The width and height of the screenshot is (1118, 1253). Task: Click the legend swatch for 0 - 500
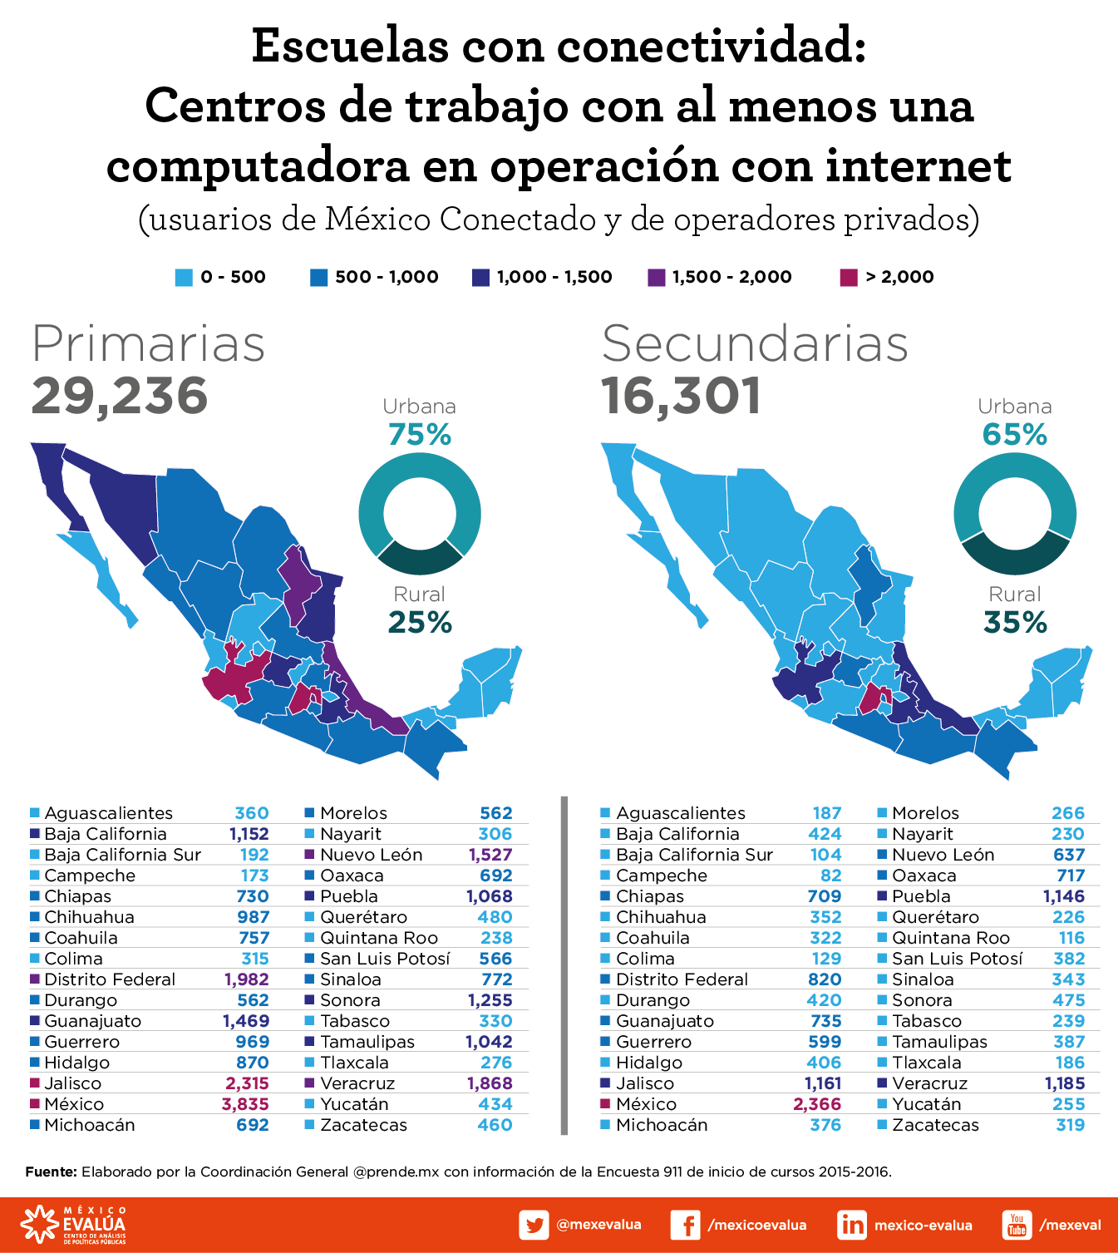click(184, 278)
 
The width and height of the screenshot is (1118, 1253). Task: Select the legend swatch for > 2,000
click(848, 278)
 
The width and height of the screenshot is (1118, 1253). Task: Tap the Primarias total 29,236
click(120, 396)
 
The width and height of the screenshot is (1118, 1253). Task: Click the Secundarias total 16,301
click(681, 396)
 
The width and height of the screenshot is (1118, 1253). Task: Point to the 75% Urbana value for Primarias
click(420, 435)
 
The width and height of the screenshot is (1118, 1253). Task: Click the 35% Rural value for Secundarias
click(1015, 623)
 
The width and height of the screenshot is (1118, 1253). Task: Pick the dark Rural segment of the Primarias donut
click(420, 558)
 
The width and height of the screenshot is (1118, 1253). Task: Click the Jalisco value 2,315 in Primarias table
click(247, 1083)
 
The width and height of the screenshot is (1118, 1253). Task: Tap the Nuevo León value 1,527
click(490, 855)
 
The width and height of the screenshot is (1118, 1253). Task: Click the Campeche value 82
click(830, 876)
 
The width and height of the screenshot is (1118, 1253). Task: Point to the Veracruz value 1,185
click(1065, 1083)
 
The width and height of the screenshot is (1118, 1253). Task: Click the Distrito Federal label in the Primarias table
click(110, 979)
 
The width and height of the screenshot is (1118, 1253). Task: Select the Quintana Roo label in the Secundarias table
click(951, 938)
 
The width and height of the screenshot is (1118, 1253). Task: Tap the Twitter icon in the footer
click(534, 1225)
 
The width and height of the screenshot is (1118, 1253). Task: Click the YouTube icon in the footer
click(1017, 1225)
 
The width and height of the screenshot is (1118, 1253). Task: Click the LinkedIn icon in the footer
click(852, 1225)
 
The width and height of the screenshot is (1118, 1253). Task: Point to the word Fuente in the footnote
click(51, 1172)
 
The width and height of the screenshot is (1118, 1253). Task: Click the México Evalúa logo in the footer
click(75, 1225)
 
